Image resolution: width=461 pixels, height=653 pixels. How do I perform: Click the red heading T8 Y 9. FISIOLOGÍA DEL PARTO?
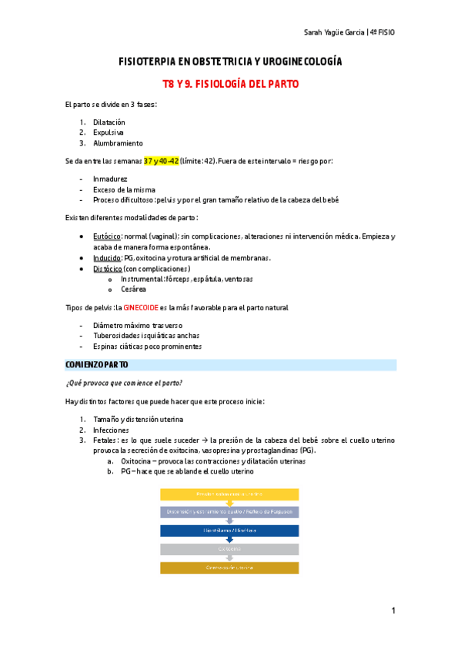pos(230,83)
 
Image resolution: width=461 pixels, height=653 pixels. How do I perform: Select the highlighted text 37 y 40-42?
pos(161,161)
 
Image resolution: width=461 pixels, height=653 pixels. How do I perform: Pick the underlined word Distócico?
pos(108,269)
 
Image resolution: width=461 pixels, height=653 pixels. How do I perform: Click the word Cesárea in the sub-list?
pos(133,289)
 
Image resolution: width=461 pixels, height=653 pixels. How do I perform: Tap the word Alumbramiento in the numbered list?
pos(117,142)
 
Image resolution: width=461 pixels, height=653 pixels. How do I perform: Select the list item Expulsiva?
pos(108,132)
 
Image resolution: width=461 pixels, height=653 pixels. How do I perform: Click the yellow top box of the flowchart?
pos(229,494)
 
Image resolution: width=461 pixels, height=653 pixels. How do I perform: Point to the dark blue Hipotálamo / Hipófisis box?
pos(229,531)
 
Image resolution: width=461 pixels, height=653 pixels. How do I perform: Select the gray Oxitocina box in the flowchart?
pos(229,549)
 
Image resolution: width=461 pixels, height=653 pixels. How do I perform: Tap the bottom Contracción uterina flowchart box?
pos(229,568)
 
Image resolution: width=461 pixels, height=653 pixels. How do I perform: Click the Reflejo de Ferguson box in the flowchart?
pos(229,512)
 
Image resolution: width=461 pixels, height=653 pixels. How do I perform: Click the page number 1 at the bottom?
pos(393,611)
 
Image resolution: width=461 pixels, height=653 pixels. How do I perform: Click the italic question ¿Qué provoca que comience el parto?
pos(124,383)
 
